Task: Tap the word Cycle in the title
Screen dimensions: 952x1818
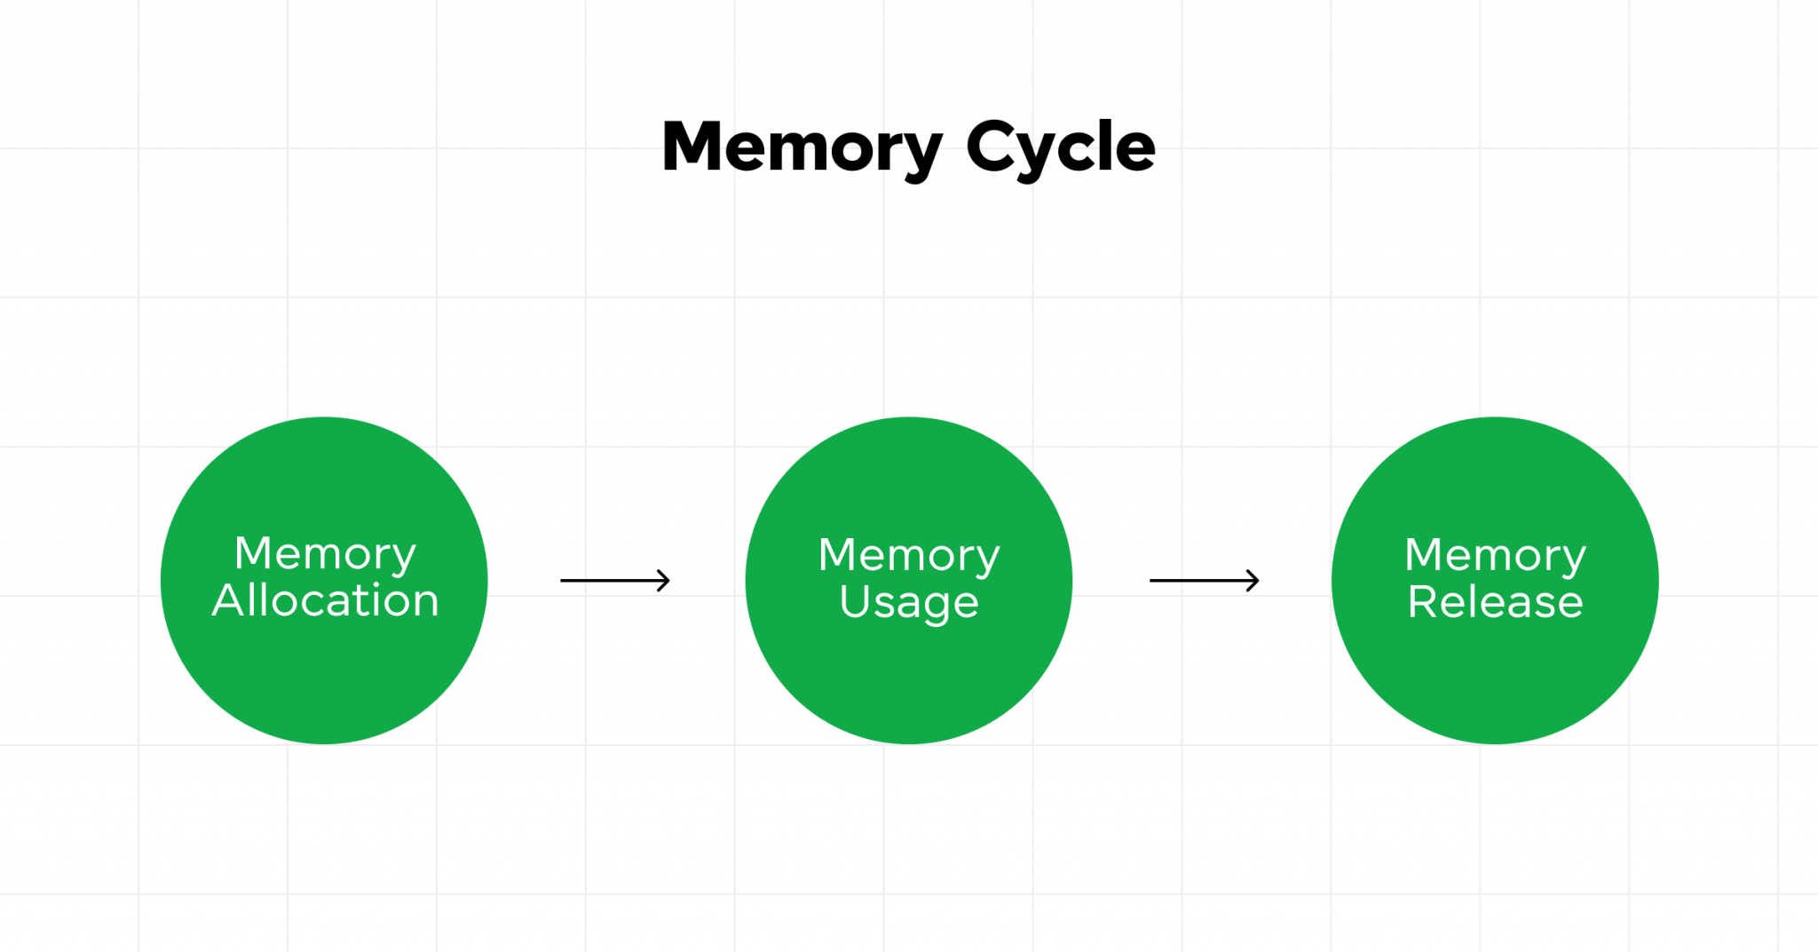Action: click(x=1060, y=147)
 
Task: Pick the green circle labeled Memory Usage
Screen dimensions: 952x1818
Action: click(x=908, y=684)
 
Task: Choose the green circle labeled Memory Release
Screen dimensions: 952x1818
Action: click(x=1495, y=684)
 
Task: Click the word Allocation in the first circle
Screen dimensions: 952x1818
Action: click(x=326, y=601)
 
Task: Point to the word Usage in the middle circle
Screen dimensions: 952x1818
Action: click(x=909, y=603)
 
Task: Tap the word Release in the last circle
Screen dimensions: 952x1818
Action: click(x=1496, y=602)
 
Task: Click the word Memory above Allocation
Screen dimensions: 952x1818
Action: click(x=325, y=554)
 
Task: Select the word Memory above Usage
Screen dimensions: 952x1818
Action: click(x=909, y=556)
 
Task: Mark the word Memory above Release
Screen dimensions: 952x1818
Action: click(x=1495, y=556)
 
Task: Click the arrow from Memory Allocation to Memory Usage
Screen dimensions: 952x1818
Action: click(x=614, y=581)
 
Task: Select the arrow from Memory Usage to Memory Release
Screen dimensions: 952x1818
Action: click(x=1204, y=581)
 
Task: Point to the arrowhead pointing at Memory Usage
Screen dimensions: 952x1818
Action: click(x=663, y=581)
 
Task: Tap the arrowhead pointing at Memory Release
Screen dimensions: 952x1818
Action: click(x=1253, y=581)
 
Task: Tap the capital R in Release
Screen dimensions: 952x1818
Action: click(x=1423, y=602)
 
